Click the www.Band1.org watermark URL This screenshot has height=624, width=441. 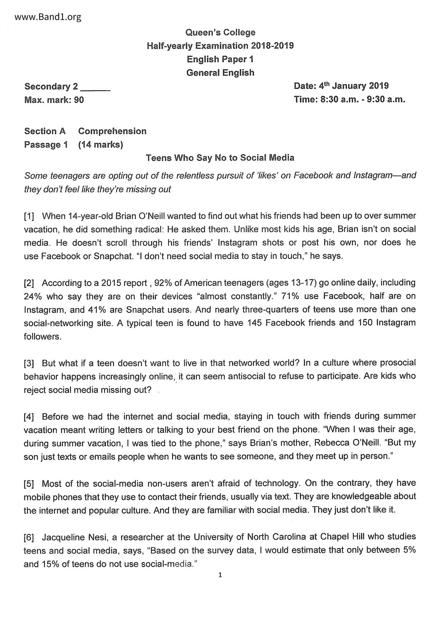[x=48, y=17]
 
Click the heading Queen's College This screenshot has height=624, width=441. [x=220, y=33]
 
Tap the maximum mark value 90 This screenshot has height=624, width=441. [x=79, y=100]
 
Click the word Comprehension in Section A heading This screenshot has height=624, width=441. [x=112, y=131]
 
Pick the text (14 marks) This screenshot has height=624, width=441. [x=101, y=145]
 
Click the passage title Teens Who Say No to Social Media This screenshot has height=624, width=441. [x=220, y=158]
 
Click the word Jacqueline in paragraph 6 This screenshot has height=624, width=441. [x=63, y=537]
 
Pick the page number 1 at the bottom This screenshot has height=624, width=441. [x=220, y=575]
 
